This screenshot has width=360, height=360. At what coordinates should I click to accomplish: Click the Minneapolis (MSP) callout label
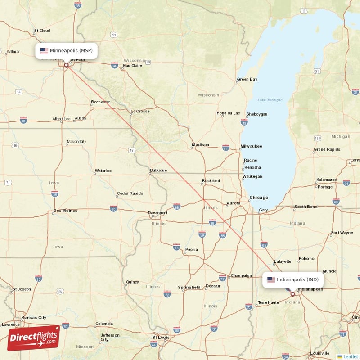pyautogui.click(x=67, y=51)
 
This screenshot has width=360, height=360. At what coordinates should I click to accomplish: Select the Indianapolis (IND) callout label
pyautogui.click(x=293, y=279)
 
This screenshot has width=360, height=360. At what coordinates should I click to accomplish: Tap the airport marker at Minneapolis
pyautogui.click(x=66, y=65)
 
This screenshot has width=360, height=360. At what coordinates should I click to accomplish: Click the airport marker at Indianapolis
pyautogui.click(x=292, y=294)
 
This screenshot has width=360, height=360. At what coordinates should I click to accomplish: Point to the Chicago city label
pyautogui.click(x=259, y=198)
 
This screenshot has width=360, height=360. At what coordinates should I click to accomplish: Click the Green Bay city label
pyautogui.click(x=247, y=80)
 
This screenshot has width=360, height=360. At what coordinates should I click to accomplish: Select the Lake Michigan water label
pyautogui.click(x=270, y=100)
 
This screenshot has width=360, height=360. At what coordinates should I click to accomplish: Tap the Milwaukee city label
pyautogui.click(x=251, y=146)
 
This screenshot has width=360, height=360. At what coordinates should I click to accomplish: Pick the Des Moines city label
pyautogui.click(x=65, y=211)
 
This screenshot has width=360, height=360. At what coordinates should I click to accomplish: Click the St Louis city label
pyautogui.click(x=161, y=337)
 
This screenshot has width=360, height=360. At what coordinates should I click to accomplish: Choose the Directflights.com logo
pyautogui.click(x=34, y=338)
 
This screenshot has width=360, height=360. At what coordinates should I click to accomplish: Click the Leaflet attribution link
pyautogui.click(x=351, y=356)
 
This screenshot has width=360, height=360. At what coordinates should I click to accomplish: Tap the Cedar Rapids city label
pyautogui.click(x=130, y=193)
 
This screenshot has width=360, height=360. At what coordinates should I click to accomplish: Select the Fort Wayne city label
pyautogui.click(x=342, y=233)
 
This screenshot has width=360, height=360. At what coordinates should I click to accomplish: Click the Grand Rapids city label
pyautogui.click(x=327, y=149)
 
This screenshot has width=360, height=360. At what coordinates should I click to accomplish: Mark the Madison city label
pyautogui.click(x=200, y=145)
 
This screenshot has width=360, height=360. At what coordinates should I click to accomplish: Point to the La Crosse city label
pyautogui.click(x=140, y=111)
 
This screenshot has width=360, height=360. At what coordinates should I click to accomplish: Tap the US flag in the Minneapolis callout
pyautogui.click(x=44, y=51)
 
